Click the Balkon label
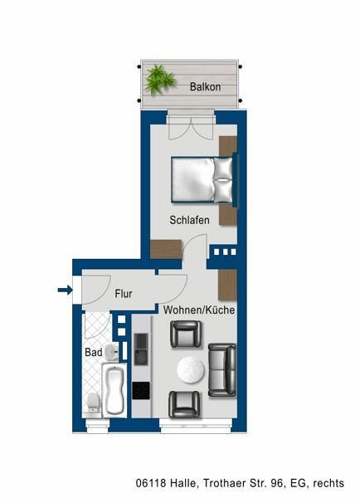click(204, 85)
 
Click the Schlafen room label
click(189, 220)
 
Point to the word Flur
click(124, 293)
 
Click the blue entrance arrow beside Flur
click(64, 290)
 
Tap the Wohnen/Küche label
click(198, 310)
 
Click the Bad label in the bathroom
click(93, 353)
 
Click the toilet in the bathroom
click(93, 403)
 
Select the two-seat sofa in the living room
click(221, 369)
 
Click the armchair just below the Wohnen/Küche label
click(183, 334)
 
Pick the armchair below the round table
click(183, 404)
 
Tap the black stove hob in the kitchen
click(140, 389)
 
